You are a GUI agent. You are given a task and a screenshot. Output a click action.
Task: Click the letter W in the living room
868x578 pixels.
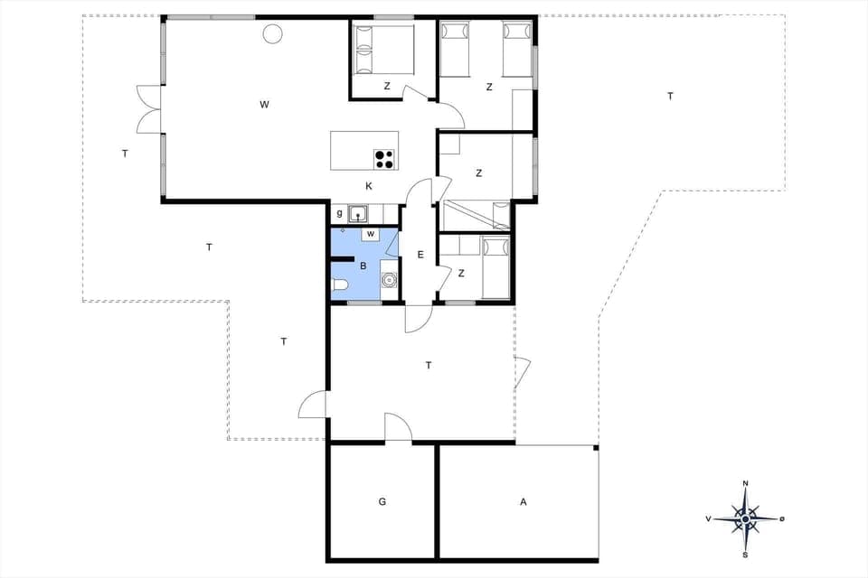pyautogui.click(x=264, y=105)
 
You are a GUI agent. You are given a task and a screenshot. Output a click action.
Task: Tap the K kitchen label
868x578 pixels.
pyautogui.click(x=369, y=186)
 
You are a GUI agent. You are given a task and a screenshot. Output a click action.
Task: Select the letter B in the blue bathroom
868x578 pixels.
pyautogui.click(x=363, y=266)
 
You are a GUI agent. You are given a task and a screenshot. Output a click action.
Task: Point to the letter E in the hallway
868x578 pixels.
pyautogui.click(x=420, y=255)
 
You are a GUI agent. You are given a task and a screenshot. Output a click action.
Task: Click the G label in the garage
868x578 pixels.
pyautogui.click(x=382, y=501)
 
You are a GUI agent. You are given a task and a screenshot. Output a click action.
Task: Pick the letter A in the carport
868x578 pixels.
pyautogui.click(x=523, y=501)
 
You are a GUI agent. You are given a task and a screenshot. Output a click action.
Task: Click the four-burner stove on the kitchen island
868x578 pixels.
pyautogui.click(x=384, y=159)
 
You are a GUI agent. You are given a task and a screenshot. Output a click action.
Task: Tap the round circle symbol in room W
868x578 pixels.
pyautogui.click(x=272, y=34)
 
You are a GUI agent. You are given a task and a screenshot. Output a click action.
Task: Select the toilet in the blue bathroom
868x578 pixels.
pyautogui.click(x=340, y=286)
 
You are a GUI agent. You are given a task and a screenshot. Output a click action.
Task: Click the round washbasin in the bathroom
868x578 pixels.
pyautogui.click(x=390, y=280)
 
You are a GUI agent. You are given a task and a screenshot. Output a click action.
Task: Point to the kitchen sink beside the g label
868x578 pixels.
pyautogui.click(x=359, y=214)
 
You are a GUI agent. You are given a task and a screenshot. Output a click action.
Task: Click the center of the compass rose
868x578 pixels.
pyautogui.click(x=745, y=519)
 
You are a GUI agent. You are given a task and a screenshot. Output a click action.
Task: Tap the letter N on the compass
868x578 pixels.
pyautogui.click(x=745, y=484)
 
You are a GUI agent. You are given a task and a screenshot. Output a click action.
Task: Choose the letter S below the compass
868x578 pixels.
pyautogui.click(x=745, y=555)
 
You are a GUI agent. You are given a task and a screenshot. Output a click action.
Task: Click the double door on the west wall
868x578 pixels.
pyautogui.click(x=147, y=110)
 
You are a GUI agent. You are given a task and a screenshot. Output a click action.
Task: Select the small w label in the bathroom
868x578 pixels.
pyautogui.click(x=371, y=234)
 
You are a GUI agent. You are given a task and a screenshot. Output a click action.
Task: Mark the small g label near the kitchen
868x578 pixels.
pyautogui.click(x=339, y=214)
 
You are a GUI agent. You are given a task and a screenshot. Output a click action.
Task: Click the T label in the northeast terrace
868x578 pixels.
pyautogui.click(x=670, y=96)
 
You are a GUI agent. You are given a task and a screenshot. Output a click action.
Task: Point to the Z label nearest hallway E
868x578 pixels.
pyautogui.click(x=461, y=273)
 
